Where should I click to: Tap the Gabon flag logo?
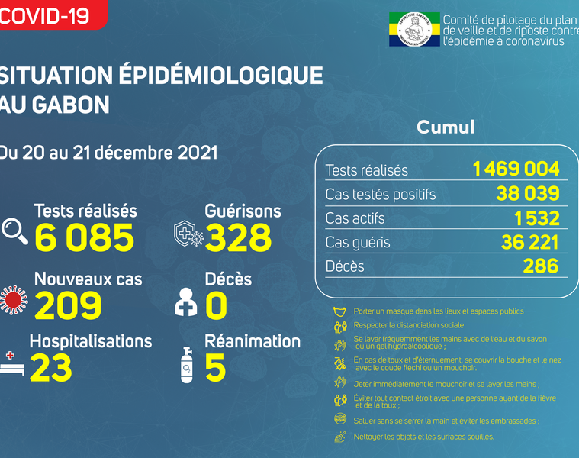click(413, 30)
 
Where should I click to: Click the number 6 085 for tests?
click(84, 238)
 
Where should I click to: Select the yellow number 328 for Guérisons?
click(238, 238)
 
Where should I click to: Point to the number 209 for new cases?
click(68, 306)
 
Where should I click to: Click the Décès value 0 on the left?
click(216, 306)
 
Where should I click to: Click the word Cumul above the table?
click(446, 127)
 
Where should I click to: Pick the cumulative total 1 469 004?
click(516, 169)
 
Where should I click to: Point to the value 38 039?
click(527, 194)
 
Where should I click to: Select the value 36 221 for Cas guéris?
click(528, 243)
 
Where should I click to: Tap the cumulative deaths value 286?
click(541, 266)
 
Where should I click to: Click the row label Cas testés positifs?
click(380, 195)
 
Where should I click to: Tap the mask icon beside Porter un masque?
click(340, 311)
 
